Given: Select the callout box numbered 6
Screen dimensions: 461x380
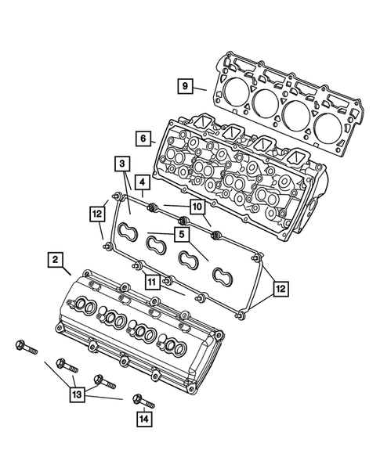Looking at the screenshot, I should (141, 138).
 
